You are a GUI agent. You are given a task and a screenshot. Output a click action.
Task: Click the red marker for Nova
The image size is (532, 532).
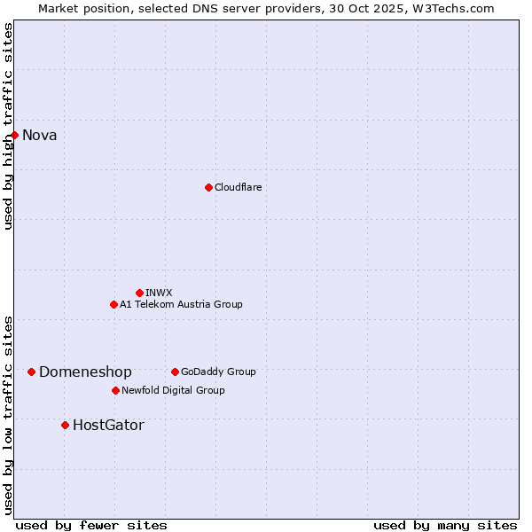click(14, 135)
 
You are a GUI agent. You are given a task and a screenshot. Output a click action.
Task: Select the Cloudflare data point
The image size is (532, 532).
click(208, 187)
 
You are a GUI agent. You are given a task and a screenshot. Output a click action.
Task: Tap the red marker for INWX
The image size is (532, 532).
click(139, 293)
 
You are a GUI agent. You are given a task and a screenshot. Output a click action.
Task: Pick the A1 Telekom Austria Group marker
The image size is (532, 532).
click(113, 304)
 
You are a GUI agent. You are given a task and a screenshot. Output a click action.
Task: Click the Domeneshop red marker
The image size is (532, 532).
click(31, 372)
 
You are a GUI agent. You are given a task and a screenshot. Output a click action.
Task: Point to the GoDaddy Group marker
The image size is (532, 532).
click(175, 372)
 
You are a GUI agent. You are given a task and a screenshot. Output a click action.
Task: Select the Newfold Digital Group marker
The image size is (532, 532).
click(115, 390)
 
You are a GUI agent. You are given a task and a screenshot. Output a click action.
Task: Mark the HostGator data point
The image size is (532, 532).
click(65, 425)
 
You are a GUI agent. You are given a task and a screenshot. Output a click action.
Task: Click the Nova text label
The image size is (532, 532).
click(39, 136)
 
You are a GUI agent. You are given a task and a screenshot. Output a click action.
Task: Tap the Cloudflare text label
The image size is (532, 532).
click(238, 187)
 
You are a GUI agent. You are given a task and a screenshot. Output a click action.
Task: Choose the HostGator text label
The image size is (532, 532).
click(108, 426)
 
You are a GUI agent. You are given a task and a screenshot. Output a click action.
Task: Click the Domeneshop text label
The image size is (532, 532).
click(85, 372)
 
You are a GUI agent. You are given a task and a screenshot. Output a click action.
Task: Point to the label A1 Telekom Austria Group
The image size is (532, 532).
click(181, 304)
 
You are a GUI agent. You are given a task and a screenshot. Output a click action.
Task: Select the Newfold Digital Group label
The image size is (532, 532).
click(173, 390)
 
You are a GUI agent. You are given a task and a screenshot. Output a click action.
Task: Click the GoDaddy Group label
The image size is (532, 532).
click(218, 372)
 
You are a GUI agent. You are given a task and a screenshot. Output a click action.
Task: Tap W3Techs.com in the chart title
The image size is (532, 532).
click(456, 8)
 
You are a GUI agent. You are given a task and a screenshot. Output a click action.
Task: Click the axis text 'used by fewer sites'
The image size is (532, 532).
click(91, 525)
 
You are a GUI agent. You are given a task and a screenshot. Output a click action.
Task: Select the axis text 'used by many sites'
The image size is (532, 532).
click(445, 525)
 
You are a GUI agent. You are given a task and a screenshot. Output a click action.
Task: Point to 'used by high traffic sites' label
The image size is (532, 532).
click(8, 126)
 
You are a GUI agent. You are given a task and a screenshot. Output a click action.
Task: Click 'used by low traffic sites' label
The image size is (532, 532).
click(8, 414)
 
